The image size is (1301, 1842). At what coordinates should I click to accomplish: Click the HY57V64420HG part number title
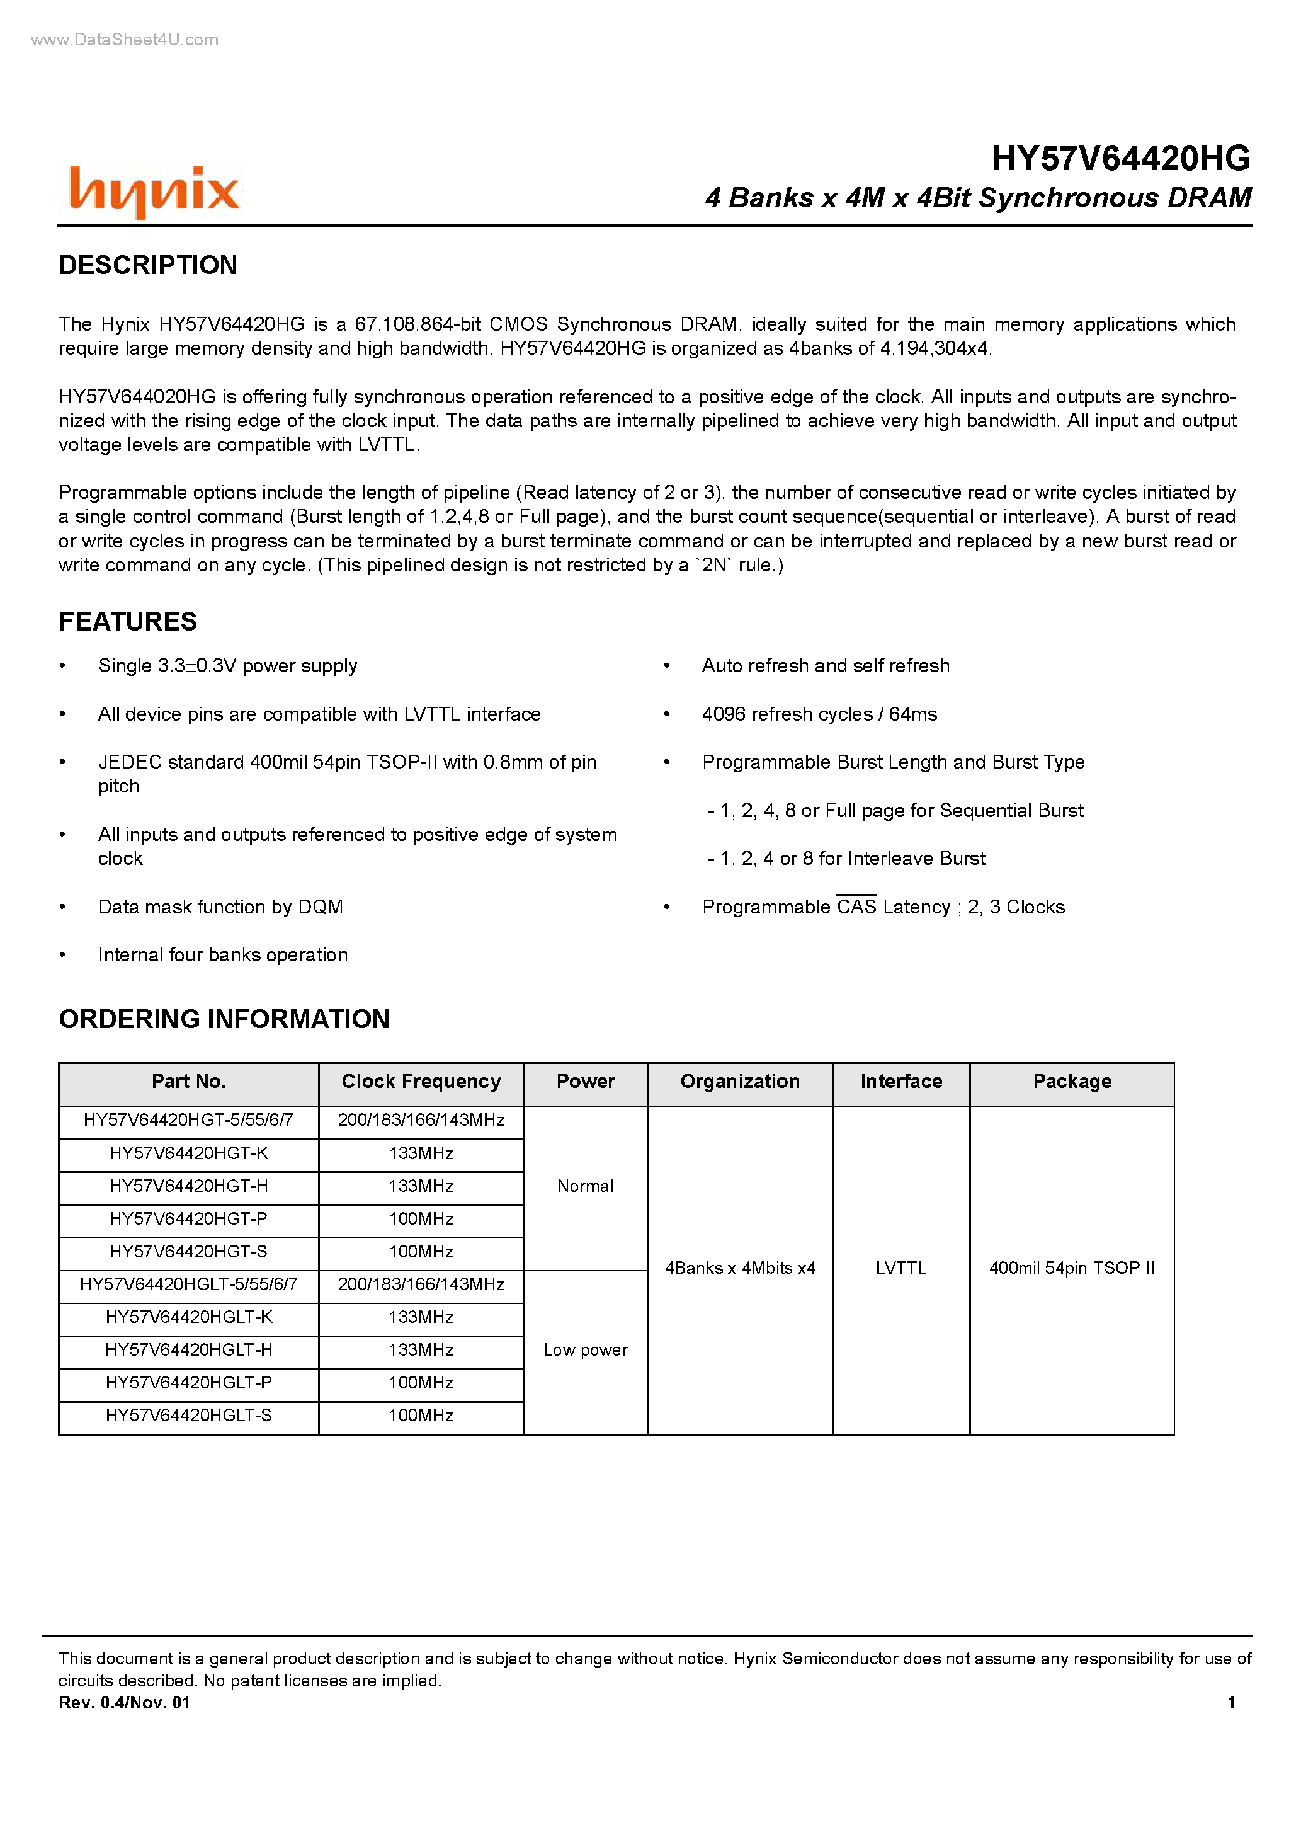pos(1120,159)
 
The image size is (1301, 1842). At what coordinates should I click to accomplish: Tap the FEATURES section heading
pos(128,622)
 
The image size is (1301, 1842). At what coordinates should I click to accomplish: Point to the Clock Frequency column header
pos(421,1082)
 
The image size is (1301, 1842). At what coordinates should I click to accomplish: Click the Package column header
pos(1072,1082)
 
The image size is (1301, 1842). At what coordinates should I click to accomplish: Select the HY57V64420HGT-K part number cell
pos(188,1153)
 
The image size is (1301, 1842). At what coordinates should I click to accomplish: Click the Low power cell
pos(585,1350)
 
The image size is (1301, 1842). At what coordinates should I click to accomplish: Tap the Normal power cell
pos(585,1187)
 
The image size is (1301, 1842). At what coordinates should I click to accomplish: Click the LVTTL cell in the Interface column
pos(900,1268)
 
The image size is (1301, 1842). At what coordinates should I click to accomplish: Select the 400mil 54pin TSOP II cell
pos(1072,1268)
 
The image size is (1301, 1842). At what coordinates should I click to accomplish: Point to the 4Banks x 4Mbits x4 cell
pos(739,1268)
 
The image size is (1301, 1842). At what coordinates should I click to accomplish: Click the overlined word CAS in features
pos(856,907)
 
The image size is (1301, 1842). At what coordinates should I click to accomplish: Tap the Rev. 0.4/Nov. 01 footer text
pos(124,1702)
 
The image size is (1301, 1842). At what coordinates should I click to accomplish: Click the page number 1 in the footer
pos(1230,1702)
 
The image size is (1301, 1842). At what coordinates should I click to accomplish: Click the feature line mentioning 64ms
pos(819,714)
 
